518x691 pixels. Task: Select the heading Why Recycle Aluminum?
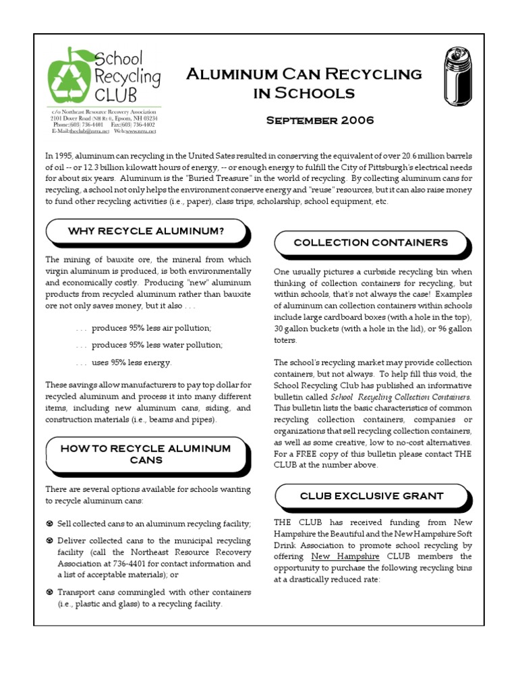[x=146, y=231]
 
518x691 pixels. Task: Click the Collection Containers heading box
[x=370, y=242]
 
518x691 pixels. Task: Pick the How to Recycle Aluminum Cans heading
[x=146, y=453]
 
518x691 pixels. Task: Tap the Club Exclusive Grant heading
[x=370, y=495]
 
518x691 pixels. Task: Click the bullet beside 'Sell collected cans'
[x=50, y=524]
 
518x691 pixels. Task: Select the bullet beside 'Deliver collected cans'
[x=50, y=541]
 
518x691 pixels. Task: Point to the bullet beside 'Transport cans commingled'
[x=50, y=592]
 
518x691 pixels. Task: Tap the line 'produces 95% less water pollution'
[x=156, y=344]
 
